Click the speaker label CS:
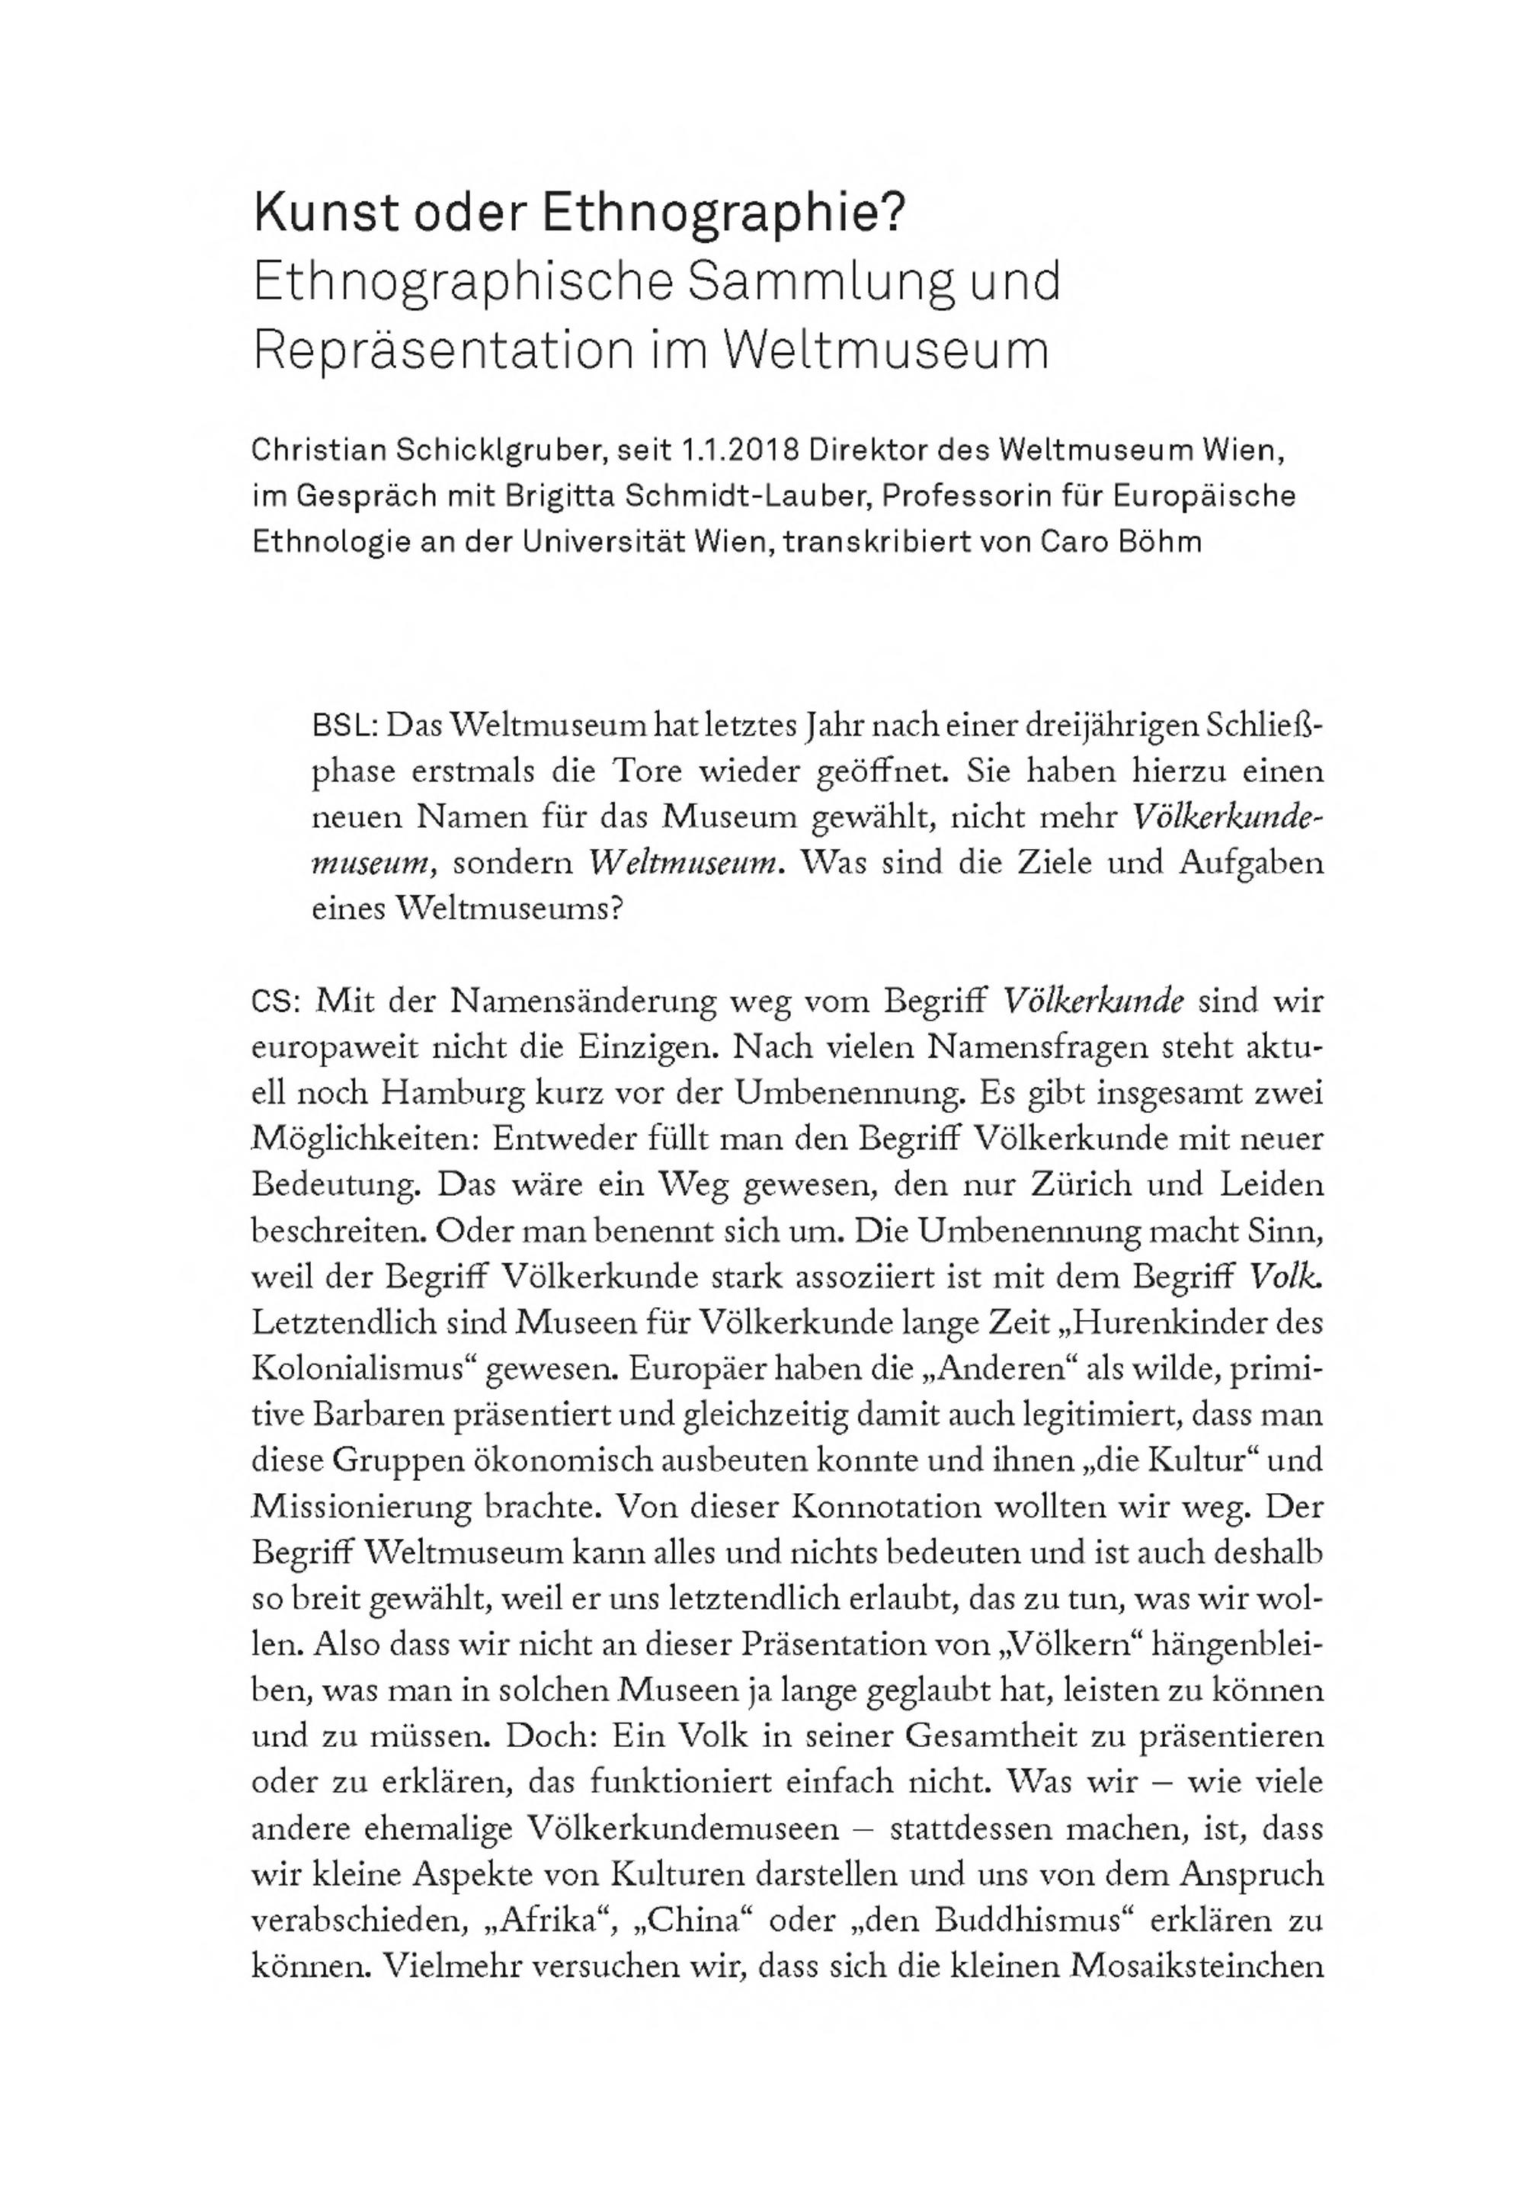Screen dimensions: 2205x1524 [277, 1002]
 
